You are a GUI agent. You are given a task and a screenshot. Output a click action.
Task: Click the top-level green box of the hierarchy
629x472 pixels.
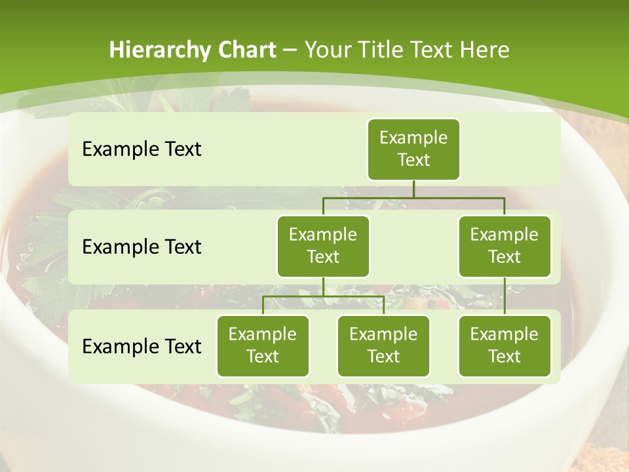[x=413, y=149]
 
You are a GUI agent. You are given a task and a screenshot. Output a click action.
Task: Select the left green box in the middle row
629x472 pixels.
[x=323, y=246]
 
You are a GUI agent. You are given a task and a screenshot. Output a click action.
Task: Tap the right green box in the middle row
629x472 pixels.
[x=505, y=246]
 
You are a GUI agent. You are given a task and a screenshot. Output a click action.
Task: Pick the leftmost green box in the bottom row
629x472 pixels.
[x=263, y=345]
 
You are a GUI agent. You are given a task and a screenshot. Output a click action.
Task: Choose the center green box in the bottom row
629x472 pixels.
[x=383, y=345]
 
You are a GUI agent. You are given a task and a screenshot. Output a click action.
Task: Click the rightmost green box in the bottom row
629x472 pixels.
[x=505, y=345]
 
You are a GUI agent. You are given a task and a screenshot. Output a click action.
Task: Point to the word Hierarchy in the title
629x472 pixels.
[x=160, y=50]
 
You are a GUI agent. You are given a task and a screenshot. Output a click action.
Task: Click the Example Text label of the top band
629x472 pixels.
[x=142, y=149]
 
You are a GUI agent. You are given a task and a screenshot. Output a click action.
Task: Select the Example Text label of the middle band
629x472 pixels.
[x=142, y=246]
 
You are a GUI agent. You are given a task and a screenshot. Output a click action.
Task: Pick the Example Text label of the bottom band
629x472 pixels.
[x=142, y=346]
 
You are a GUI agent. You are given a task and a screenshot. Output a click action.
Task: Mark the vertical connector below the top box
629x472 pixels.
[x=413, y=189]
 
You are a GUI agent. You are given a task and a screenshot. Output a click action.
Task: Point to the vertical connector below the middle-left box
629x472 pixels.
[x=323, y=286]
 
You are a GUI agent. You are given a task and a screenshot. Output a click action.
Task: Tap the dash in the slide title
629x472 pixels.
[x=290, y=50]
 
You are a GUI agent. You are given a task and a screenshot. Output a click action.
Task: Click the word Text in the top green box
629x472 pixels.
[x=413, y=160]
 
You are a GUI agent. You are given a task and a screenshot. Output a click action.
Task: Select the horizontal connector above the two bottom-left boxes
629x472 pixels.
[x=323, y=296]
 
